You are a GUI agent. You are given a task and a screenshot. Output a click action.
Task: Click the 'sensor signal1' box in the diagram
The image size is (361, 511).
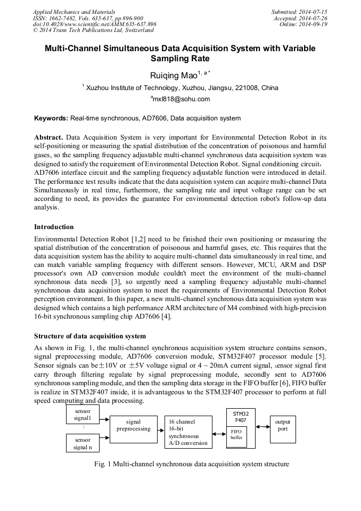83,415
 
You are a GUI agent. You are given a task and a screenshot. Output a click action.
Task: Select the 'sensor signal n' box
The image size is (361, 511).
83,443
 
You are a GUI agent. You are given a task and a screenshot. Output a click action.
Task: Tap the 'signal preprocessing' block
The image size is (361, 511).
133,429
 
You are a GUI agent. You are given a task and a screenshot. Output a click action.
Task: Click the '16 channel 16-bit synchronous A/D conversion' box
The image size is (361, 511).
186,432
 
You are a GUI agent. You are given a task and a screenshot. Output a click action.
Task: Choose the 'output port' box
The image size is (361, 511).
282,428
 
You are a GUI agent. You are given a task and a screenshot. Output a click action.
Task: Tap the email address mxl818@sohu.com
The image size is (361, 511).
181,99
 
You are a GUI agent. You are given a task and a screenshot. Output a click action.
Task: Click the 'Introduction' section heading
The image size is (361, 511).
54,227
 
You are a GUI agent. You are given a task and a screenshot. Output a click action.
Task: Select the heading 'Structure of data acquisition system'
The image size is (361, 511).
89,336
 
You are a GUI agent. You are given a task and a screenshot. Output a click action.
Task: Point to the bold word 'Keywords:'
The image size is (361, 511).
51,118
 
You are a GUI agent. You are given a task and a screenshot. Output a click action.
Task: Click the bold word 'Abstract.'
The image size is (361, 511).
49,137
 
